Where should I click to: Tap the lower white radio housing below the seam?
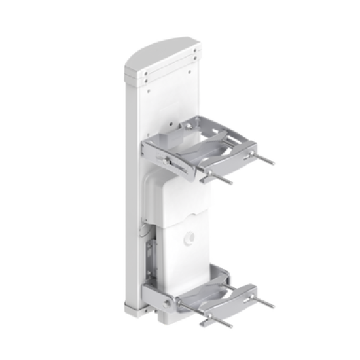tap(190, 252)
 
